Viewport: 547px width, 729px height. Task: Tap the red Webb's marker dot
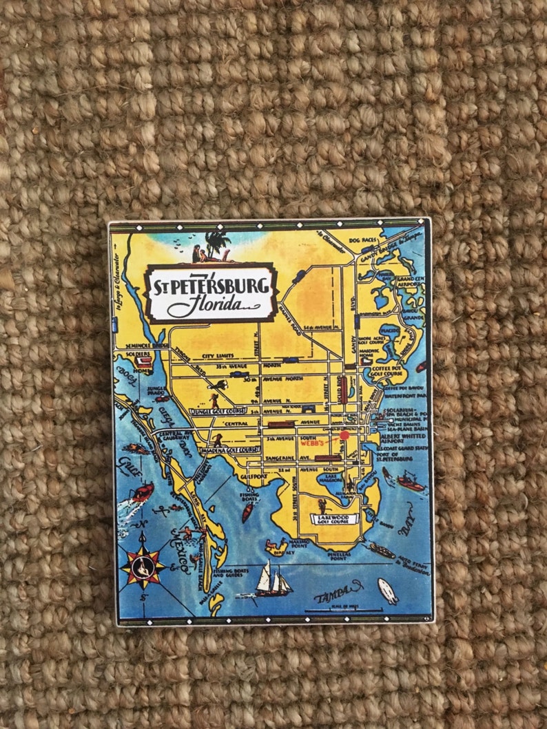tap(344, 435)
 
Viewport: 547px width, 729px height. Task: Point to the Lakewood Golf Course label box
tap(335, 518)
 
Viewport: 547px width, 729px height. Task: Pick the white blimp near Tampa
tap(388, 591)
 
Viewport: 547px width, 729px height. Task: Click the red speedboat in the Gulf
tap(142, 492)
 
